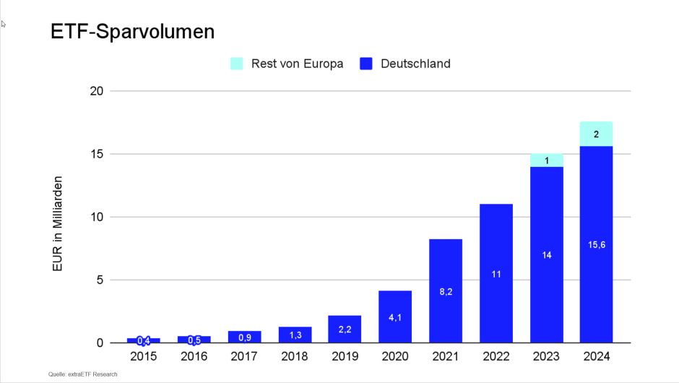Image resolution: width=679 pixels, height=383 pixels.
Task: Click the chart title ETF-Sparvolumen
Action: (x=132, y=33)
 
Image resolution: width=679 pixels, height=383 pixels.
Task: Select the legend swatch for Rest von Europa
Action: (x=237, y=64)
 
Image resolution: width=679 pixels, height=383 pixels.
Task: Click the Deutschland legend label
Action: (x=415, y=64)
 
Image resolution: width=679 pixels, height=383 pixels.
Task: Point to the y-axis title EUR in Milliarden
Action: (x=59, y=224)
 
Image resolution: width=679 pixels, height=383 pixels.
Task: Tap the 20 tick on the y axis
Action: (x=97, y=91)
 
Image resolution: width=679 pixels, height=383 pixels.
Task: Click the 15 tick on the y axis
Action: (x=97, y=154)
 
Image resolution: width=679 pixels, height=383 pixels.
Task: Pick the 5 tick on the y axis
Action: (x=100, y=280)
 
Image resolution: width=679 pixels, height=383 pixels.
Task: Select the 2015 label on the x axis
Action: (x=143, y=356)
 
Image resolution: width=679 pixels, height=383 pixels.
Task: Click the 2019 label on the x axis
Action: (x=345, y=356)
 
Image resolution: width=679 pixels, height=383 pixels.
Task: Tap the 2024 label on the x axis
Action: (x=596, y=356)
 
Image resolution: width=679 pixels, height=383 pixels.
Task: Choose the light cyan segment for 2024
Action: (x=596, y=134)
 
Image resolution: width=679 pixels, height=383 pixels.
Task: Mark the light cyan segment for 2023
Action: (x=546, y=160)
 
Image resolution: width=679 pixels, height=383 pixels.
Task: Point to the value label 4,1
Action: (x=395, y=317)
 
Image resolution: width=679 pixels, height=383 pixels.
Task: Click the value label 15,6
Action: (x=596, y=244)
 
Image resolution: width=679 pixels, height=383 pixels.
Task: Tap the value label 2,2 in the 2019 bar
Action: (x=345, y=330)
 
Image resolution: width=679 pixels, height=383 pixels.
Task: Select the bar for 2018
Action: (x=295, y=335)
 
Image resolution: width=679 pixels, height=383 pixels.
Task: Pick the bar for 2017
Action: (x=244, y=337)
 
